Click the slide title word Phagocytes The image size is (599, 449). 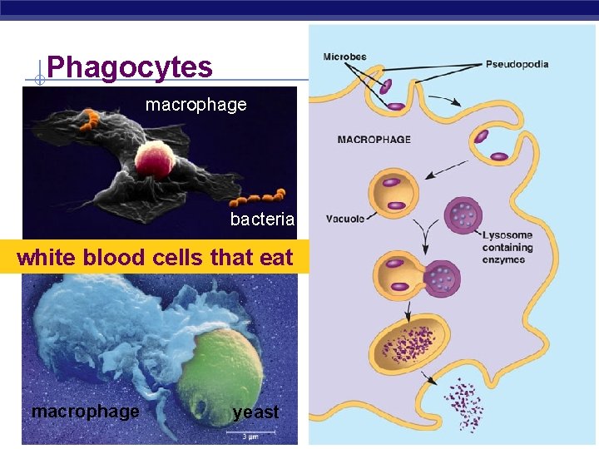pyautogui.click(x=130, y=67)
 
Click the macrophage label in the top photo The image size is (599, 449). pyautogui.click(x=196, y=105)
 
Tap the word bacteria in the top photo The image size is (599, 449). pyautogui.click(x=262, y=220)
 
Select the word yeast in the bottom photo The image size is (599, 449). pyautogui.click(x=256, y=412)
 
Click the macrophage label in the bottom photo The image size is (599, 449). pyautogui.click(x=85, y=411)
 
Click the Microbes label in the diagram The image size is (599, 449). pyautogui.click(x=344, y=57)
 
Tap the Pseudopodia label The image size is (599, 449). pyautogui.click(x=517, y=64)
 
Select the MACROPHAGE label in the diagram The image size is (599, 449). pyautogui.click(x=374, y=139)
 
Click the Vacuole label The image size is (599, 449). pyautogui.click(x=344, y=220)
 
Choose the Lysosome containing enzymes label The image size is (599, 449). pyautogui.click(x=507, y=248)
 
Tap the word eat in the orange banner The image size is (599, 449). pyautogui.click(x=276, y=258)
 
